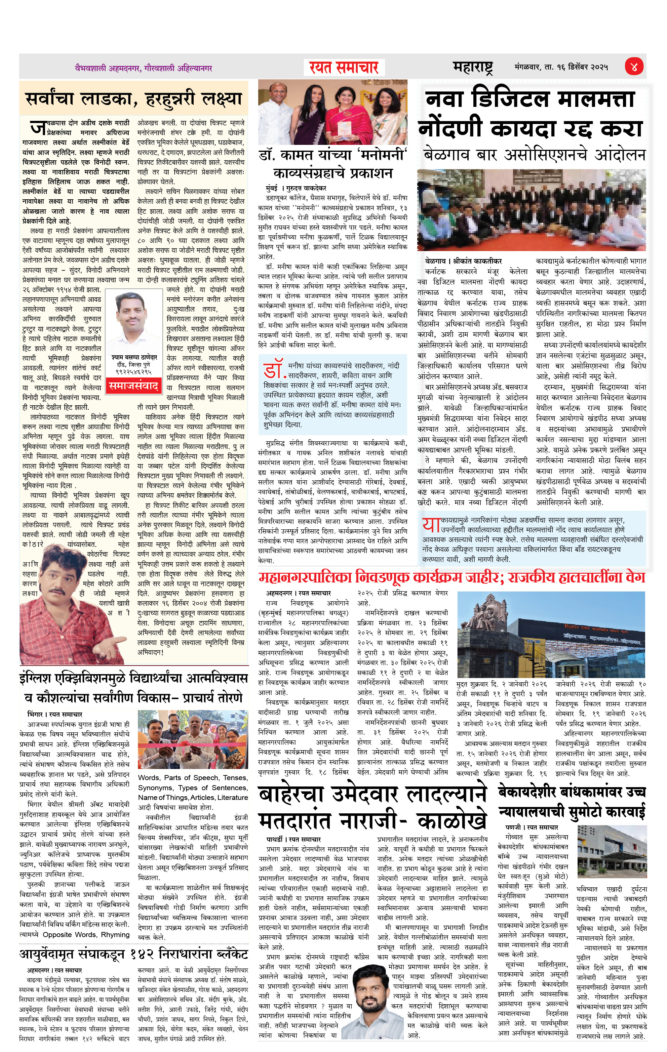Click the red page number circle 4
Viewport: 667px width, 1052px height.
tap(633, 67)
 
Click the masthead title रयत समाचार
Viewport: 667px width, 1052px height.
tap(344, 68)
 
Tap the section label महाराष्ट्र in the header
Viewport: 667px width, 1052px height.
tap(473, 67)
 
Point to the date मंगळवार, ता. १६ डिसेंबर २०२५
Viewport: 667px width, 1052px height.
tap(561, 67)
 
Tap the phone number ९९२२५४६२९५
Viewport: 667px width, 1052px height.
tap(134, 372)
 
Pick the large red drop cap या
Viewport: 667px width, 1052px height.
tap(431, 525)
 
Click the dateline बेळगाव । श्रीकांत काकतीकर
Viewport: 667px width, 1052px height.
tap(463, 261)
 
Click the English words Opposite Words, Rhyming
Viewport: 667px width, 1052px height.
tap(86, 934)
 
